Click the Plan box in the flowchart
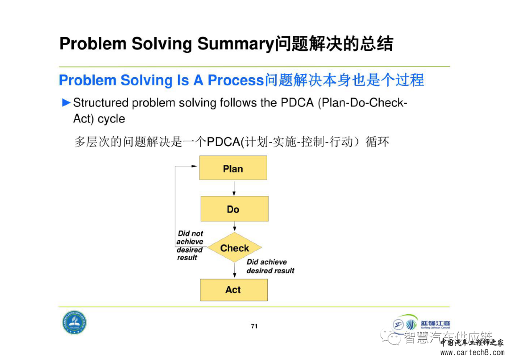tap(233, 168)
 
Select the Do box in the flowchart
tap(234, 209)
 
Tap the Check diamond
tap(234, 248)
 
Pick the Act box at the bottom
tap(233, 290)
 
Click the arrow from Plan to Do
tap(234, 188)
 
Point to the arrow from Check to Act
tap(234, 270)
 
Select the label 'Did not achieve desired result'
tap(190, 245)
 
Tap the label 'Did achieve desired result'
tap(270, 266)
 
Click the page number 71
tap(254, 326)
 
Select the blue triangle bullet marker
tap(66, 102)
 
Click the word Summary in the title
tap(235, 44)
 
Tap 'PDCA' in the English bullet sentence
tap(297, 103)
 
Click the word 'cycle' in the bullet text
tap(111, 119)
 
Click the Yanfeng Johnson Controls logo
tap(422, 324)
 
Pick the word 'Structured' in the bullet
tap(101, 103)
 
